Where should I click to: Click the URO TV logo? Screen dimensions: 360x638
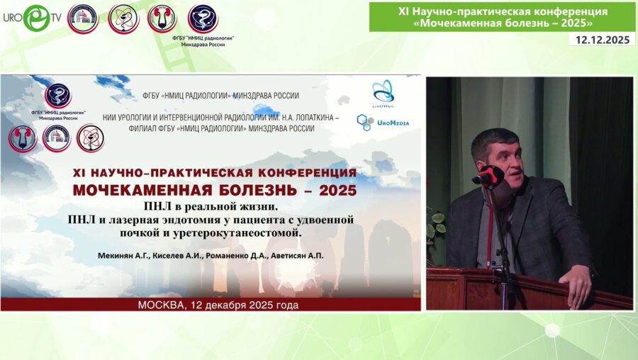pyautogui.click(x=34, y=18)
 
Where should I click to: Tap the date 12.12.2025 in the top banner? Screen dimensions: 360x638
pyautogui.click(x=603, y=40)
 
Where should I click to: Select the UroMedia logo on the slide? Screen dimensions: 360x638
pyautogui.click(x=383, y=122)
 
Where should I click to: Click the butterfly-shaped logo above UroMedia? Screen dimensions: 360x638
pyautogui.click(x=383, y=91)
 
